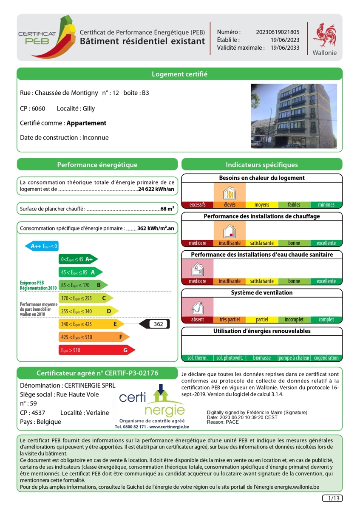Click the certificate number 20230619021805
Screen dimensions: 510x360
tap(278, 32)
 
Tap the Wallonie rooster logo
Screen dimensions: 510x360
tap(324, 35)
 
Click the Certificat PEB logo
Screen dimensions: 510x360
tap(45, 37)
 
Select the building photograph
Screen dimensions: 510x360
tap(293, 116)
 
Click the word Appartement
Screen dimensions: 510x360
tap(87, 123)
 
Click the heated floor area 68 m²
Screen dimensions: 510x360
tap(167, 209)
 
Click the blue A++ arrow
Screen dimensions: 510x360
tap(42, 246)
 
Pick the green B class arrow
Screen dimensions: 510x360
tap(82, 285)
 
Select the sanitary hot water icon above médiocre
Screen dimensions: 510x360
tap(197, 269)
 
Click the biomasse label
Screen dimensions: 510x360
tap(262, 358)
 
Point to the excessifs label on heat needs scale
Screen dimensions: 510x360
tap(197, 205)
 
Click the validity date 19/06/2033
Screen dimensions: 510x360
tap(285, 48)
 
